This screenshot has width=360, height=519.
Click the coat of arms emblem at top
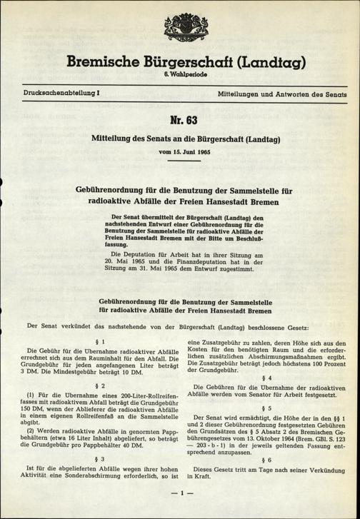coord(180,27)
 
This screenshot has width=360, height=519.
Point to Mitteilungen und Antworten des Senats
coord(284,94)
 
